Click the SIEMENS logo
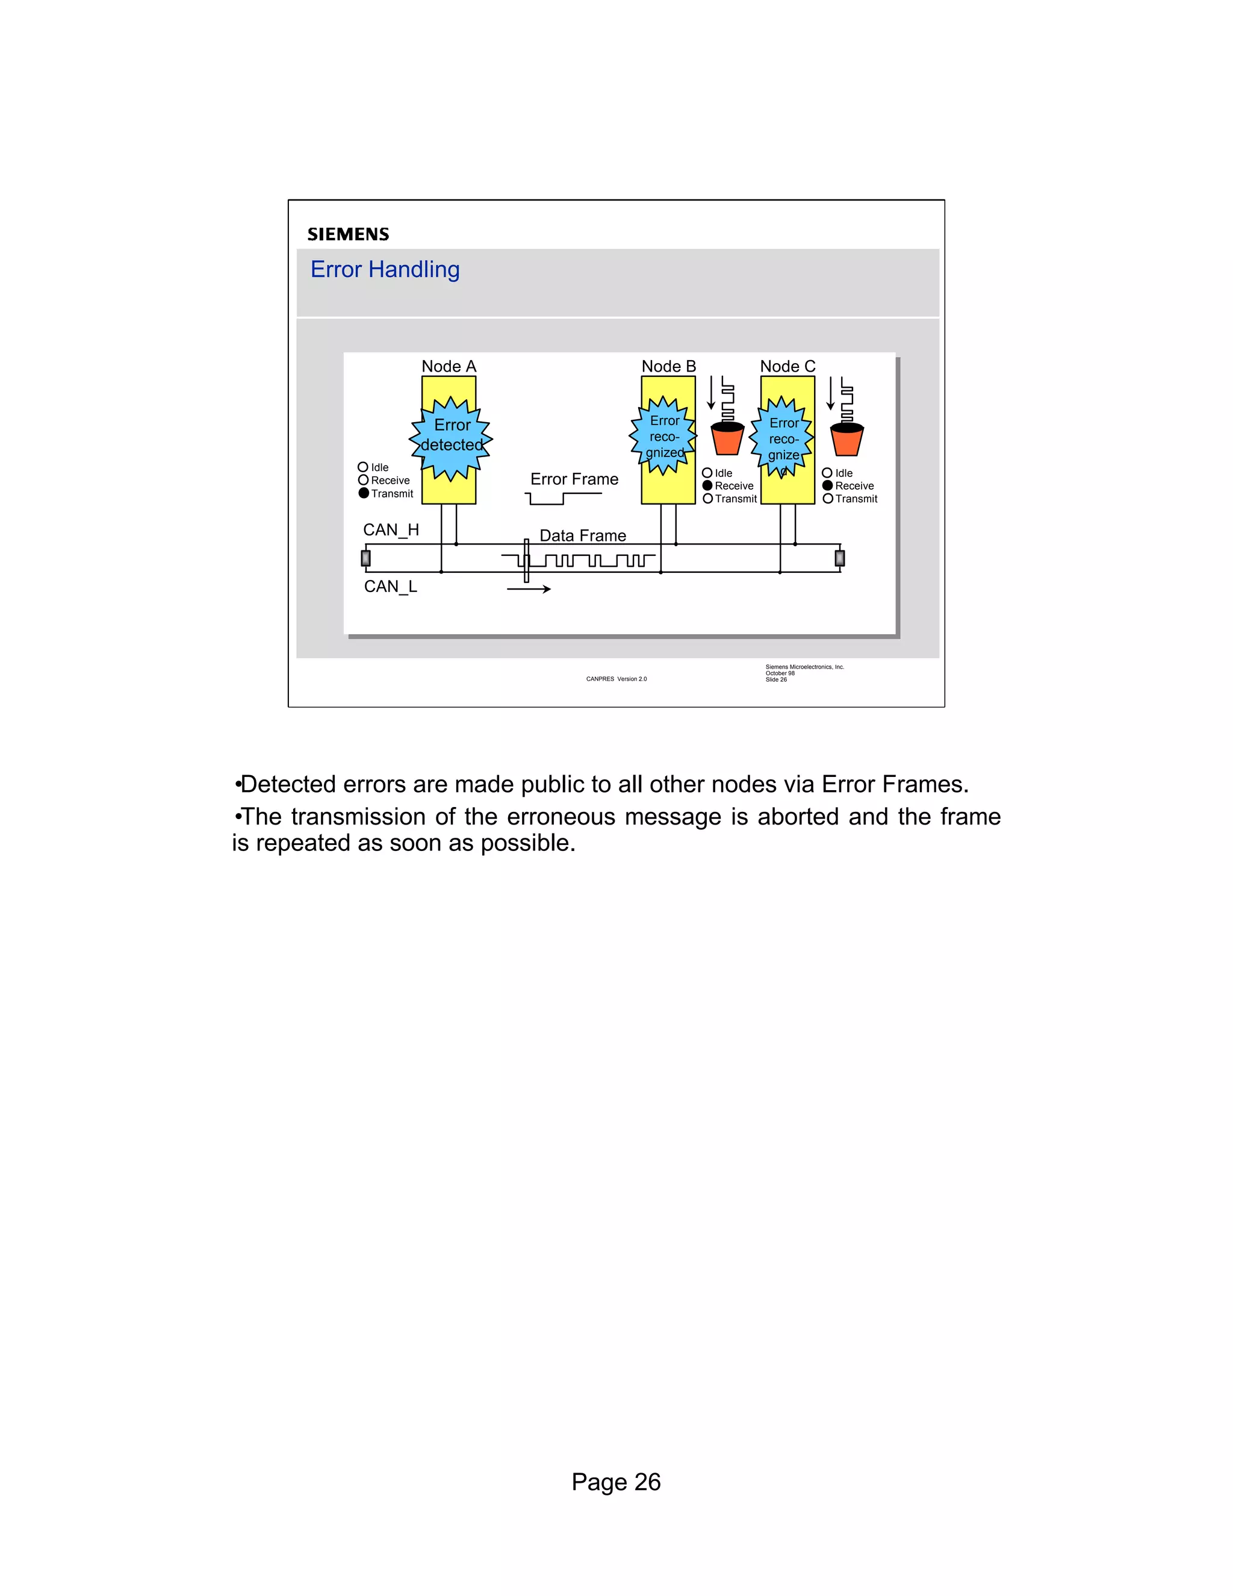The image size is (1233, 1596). coord(348,234)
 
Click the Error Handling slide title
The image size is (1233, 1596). coord(385,270)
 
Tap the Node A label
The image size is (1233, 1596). coord(449,366)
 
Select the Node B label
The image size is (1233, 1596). coord(668,366)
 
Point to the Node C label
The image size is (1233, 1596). coord(787,366)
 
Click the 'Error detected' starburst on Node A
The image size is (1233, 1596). coord(451,436)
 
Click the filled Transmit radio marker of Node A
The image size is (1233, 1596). coord(364,493)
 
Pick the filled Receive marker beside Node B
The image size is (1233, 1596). coord(707,485)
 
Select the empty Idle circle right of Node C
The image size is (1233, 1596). coord(827,473)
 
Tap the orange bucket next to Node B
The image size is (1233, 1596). coord(727,438)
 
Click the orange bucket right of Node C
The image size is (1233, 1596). coord(846,439)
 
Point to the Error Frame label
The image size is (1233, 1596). coord(574,479)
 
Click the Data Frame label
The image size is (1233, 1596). coord(583,535)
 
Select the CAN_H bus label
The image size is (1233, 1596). coord(391,530)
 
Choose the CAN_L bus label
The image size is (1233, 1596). coord(390,586)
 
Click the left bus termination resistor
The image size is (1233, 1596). coord(366,558)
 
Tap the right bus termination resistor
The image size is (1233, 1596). coord(839,558)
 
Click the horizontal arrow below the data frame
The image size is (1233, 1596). coord(528,589)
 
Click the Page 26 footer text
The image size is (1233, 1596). coord(616,1482)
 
